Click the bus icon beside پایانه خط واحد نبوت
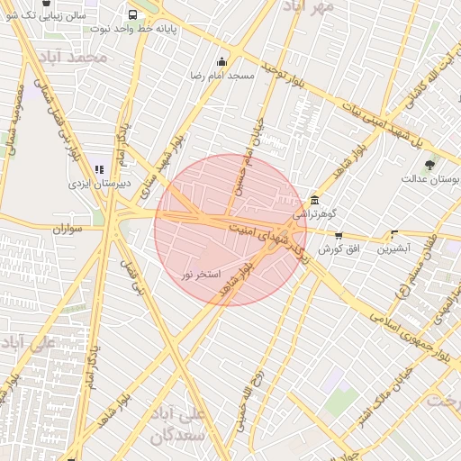pyautogui.click(x=133, y=14)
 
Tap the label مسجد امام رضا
pyautogui.click(x=221, y=77)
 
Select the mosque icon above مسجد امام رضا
pyautogui.click(x=221, y=62)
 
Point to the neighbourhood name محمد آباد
pyautogui.click(x=80, y=57)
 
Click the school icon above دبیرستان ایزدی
pyautogui.click(x=100, y=168)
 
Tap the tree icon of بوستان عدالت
pyautogui.click(x=429, y=165)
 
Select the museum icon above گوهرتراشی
pyautogui.click(x=313, y=201)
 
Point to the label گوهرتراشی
pyautogui.click(x=314, y=216)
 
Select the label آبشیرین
pyautogui.click(x=393, y=247)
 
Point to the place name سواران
pyautogui.click(x=68, y=230)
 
